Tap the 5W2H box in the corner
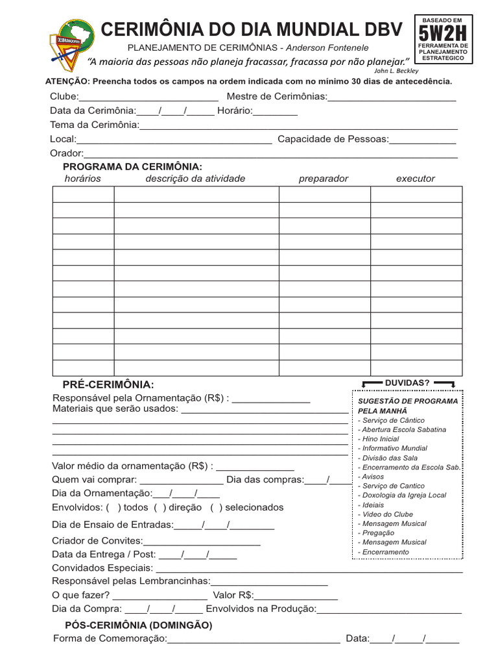pyautogui.click(x=444, y=39)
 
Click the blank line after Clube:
pyautogui.click(x=148, y=98)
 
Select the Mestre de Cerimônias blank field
pyautogui.click(x=392, y=98)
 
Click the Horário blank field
pyautogui.click(x=276, y=112)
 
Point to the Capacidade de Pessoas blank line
pyautogui.click(x=422, y=140)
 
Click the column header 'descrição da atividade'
pyautogui.click(x=195, y=179)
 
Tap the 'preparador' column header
pyautogui.click(x=324, y=179)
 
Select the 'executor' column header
pyautogui.click(x=416, y=179)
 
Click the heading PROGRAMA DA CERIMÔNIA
pyautogui.click(x=132, y=167)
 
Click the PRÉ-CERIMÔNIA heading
pyautogui.click(x=108, y=384)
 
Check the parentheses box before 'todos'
pyautogui.click(x=113, y=507)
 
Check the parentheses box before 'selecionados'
pyautogui.click(x=217, y=507)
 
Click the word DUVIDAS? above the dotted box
pyautogui.click(x=407, y=383)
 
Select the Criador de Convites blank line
pyautogui.click(x=202, y=542)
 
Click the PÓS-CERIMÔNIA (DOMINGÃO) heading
pyautogui.click(x=138, y=625)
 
